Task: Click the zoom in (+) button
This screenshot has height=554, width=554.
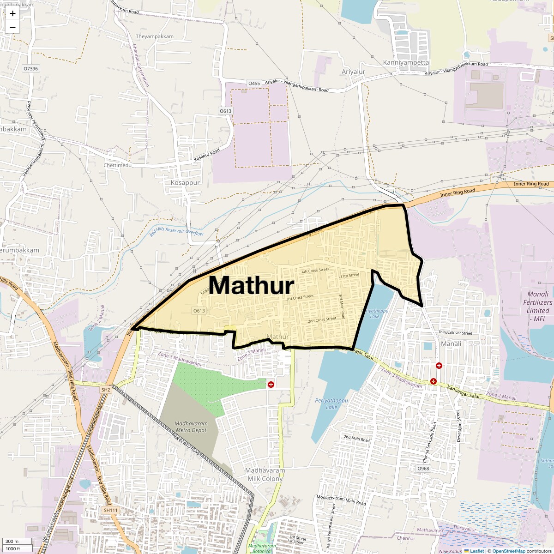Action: pyautogui.click(x=12, y=13)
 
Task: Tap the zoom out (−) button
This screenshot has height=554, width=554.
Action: pyautogui.click(x=12, y=27)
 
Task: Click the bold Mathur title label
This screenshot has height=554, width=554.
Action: pyautogui.click(x=252, y=285)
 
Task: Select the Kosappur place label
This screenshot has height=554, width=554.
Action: pyautogui.click(x=185, y=182)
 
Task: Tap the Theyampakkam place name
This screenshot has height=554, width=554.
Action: pyautogui.click(x=155, y=36)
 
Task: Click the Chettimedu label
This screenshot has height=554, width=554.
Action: pyautogui.click(x=118, y=165)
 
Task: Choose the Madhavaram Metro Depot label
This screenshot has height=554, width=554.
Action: pyautogui.click(x=191, y=427)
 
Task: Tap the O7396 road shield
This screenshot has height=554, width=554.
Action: pyautogui.click(x=31, y=68)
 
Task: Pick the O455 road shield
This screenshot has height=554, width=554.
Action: pyautogui.click(x=254, y=83)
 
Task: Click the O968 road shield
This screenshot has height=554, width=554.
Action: pyautogui.click(x=423, y=469)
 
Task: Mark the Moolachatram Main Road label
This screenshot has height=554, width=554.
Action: pyautogui.click(x=341, y=500)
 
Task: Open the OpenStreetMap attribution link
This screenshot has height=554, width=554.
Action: pyautogui.click(x=508, y=551)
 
